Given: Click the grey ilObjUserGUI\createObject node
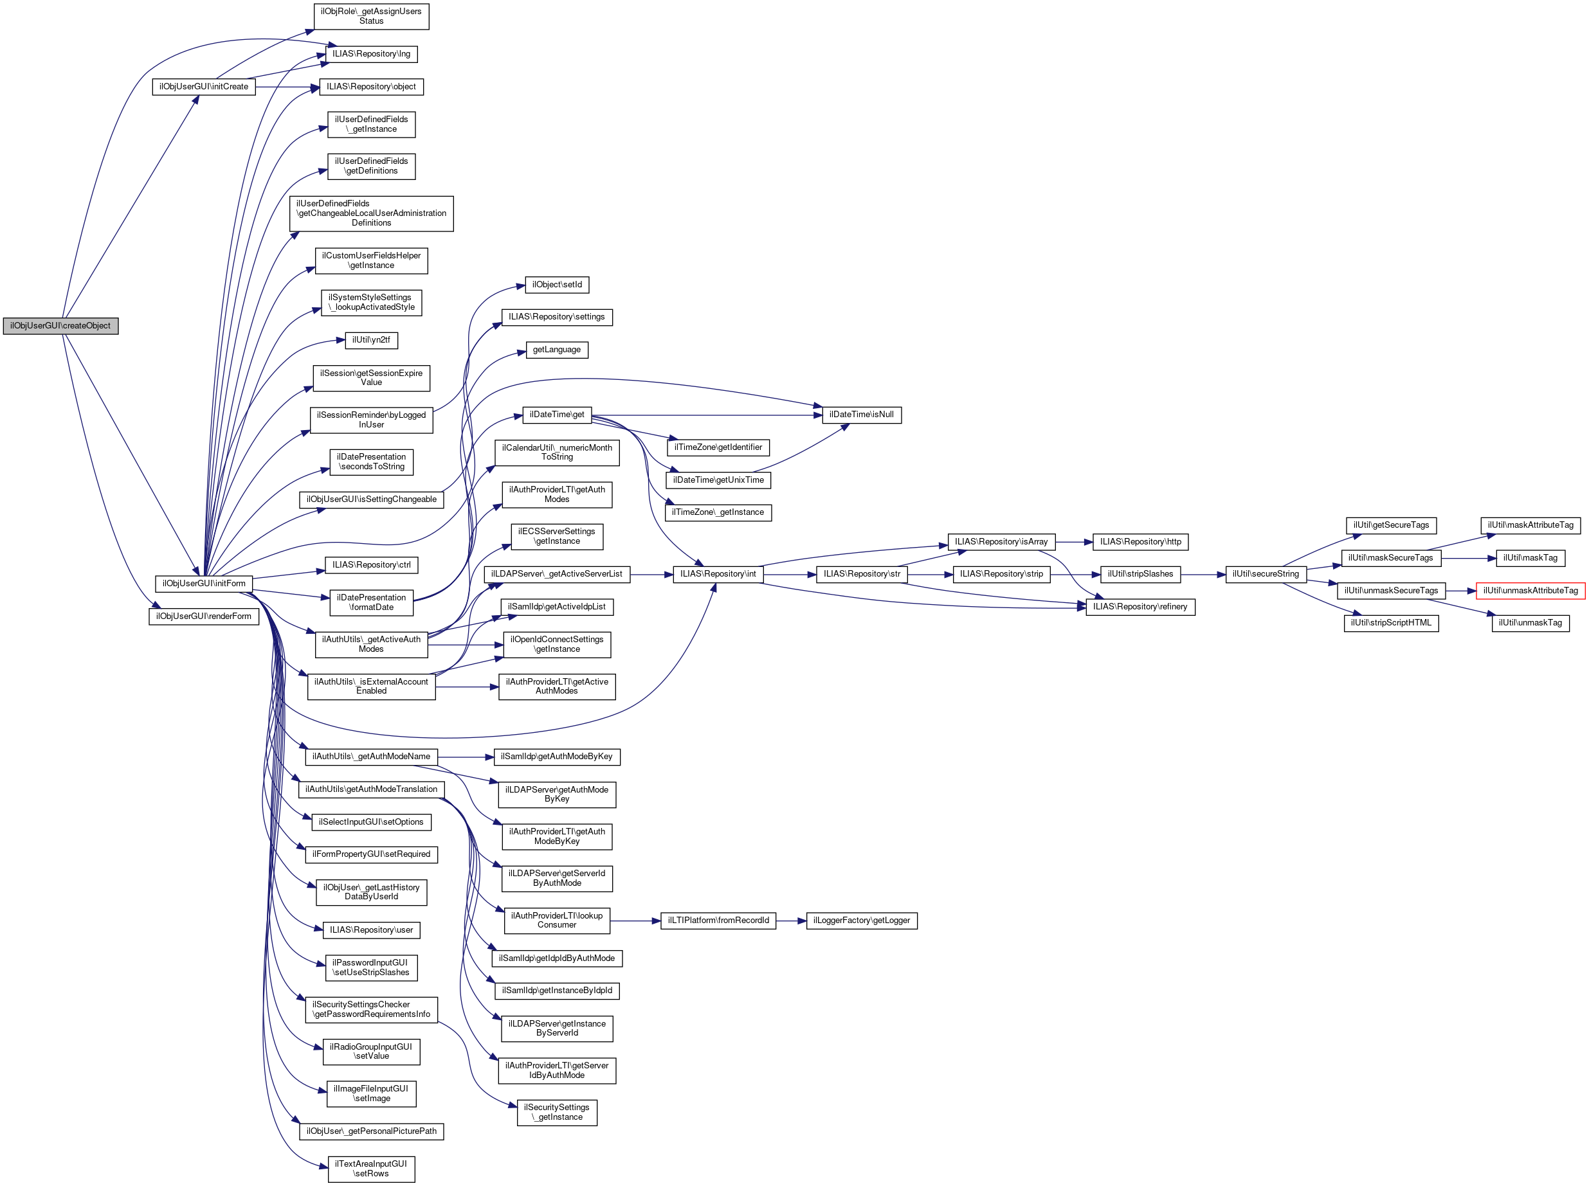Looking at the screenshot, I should pos(60,326).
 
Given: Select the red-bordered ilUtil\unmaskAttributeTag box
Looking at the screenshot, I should pos(1530,591).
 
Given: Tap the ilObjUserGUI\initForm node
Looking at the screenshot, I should pos(203,584).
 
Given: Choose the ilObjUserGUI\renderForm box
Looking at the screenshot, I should pos(203,616).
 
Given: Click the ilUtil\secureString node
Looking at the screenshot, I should pos(1265,574).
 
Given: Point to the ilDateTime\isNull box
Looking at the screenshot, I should pos(861,415).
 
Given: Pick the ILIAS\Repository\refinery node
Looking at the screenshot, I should pos(1140,607).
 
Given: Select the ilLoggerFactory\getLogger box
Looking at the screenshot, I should pos(861,921).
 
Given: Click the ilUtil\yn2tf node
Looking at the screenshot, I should pos(370,340).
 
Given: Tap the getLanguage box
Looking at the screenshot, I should pos(556,350).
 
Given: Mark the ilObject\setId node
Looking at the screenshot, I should pos(556,285).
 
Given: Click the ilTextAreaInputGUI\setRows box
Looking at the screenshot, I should pos(370,1169).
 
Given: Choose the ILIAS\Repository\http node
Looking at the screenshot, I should pos(1140,542).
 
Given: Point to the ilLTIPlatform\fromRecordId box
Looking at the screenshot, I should pos(718,921).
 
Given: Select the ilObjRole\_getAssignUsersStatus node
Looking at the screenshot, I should pos(370,17).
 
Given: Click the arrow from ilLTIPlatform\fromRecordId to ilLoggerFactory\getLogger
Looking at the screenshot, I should pos(790,921).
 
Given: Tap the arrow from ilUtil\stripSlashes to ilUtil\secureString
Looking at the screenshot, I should pos(1203,574).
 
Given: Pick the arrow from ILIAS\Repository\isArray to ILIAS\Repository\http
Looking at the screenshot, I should pos(1073,542).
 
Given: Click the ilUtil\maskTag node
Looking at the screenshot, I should pos(1530,559).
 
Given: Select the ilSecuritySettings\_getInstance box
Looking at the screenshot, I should pos(556,1113).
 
